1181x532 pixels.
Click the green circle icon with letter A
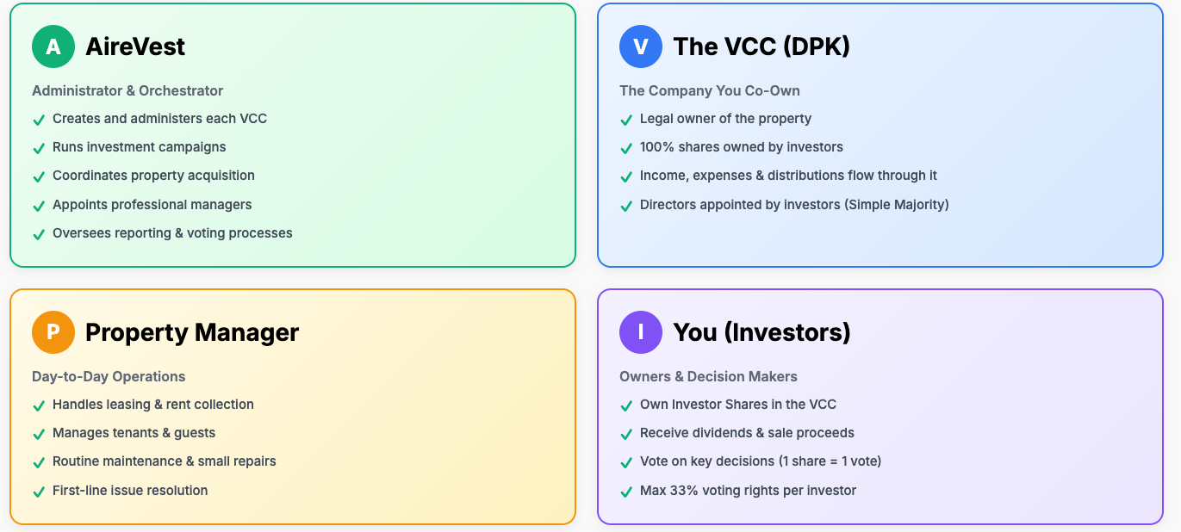tap(53, 46)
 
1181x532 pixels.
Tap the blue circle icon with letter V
tap(641, 46)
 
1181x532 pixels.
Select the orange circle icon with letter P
tap(53, 332)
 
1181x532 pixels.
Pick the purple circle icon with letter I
tap(641, 332)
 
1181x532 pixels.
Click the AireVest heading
tap(135, 46)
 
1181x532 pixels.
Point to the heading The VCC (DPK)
tap(761, 46)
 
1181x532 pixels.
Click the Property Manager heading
tap(192, 332)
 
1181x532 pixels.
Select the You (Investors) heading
tap(761, 332)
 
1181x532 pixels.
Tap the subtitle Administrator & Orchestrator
tap(127, 90)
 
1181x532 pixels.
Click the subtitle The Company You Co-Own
tap(710, 90)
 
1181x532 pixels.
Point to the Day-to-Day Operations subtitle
tap(109, 376)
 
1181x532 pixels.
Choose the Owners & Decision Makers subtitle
tap(708, 376)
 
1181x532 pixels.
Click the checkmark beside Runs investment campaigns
tap(39, 148)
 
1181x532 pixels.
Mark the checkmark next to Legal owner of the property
tap(626, 120)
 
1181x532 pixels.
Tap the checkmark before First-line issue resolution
tap(39, 492)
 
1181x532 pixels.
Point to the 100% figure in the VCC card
tap(656, 147)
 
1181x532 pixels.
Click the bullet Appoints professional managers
tap(152, 205)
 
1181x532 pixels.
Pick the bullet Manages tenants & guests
tap(134, 433)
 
